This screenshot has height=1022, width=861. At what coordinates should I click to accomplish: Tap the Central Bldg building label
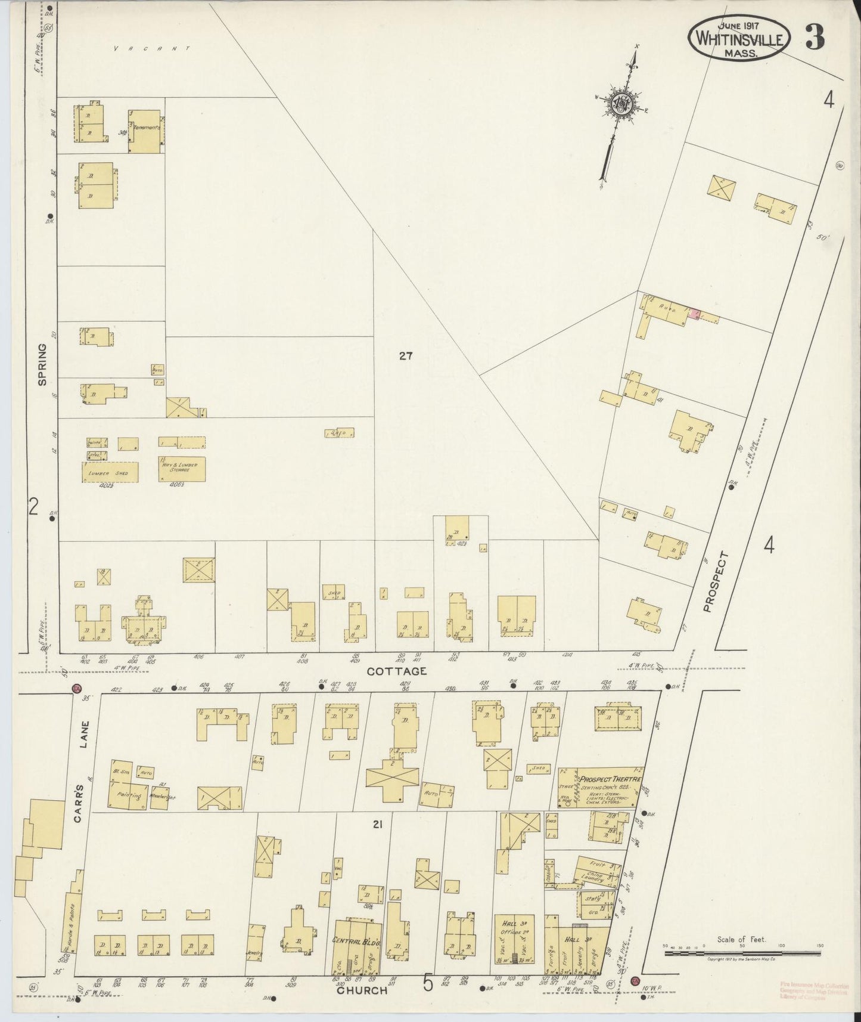coord(355,940)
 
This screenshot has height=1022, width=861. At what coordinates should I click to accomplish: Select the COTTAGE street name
coord(396,671)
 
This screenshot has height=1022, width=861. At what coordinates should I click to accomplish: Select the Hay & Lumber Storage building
coord(182,469)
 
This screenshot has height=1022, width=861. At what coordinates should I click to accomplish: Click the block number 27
coord(406,357)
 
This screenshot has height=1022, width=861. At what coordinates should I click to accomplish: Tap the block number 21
coord(377,825)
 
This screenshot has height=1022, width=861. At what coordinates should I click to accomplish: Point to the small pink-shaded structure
coord(694,313)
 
